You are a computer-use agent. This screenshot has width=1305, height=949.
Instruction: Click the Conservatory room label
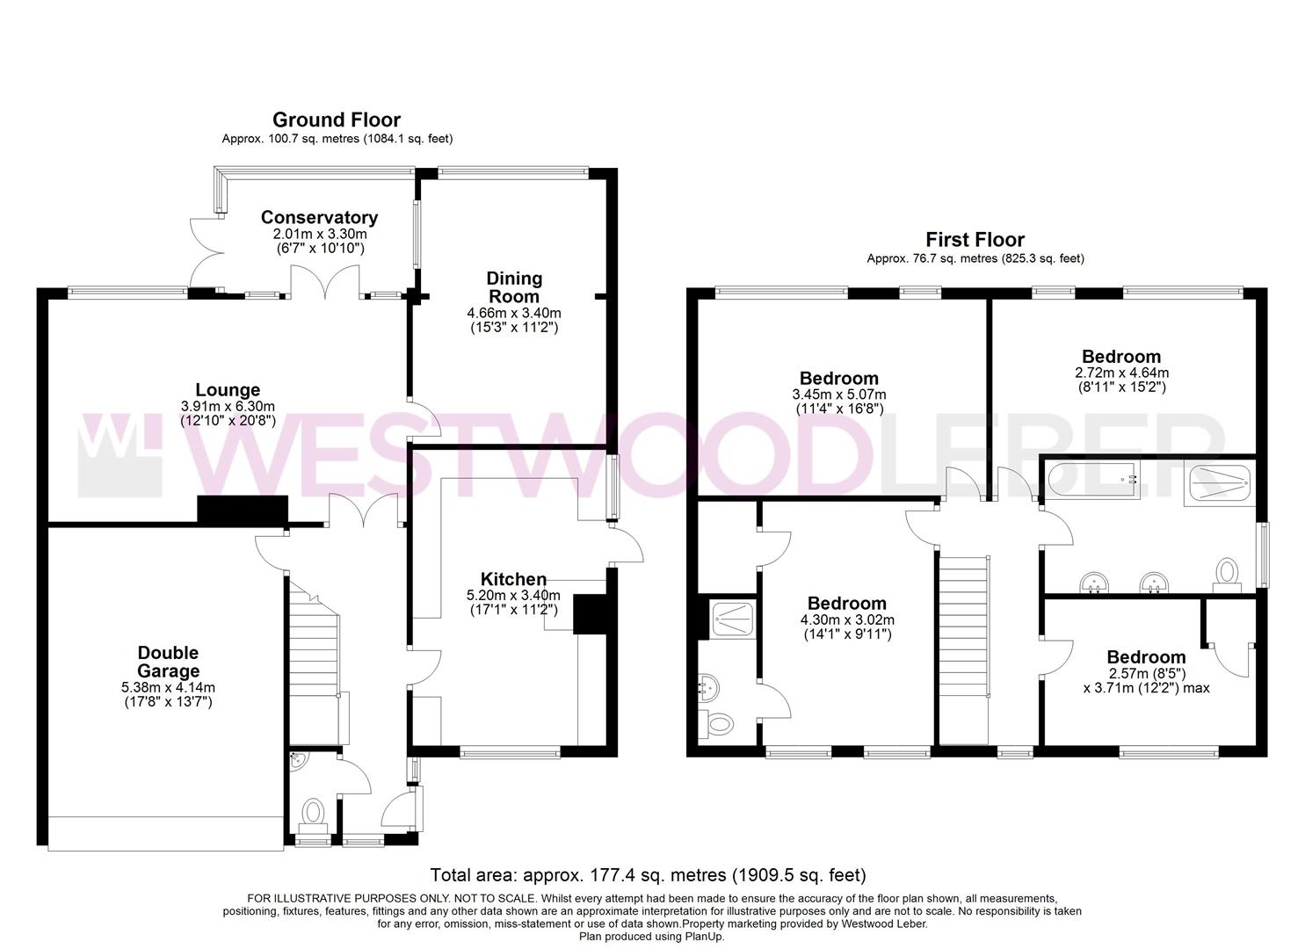point(319,217)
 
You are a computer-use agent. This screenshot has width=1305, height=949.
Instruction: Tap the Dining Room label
point(514,287)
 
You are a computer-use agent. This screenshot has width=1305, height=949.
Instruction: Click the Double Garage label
point(168,661)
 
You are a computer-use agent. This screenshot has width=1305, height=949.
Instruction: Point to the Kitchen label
point(513,579)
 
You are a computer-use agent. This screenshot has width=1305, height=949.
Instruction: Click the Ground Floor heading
point(337,120)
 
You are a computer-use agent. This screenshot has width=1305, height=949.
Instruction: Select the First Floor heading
point(975,239)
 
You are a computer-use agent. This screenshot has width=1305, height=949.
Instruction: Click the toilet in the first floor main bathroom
point(1226,573)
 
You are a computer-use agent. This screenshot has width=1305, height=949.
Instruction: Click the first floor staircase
point(963,624)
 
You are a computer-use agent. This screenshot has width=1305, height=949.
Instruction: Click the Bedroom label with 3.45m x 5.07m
point(838,379)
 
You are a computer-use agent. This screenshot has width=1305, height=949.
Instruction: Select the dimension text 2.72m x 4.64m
point(1121,373)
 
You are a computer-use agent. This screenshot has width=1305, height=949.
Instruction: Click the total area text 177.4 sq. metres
point(648,875)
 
